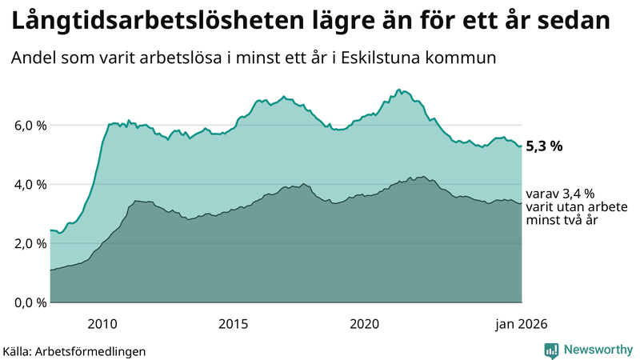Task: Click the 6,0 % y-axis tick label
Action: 26,126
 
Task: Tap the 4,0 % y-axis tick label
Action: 26,185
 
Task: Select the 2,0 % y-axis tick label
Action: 26,243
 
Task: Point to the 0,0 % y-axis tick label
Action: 26,302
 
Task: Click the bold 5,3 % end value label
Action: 545,146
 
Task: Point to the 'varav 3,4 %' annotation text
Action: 560,194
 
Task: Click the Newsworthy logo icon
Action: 552,350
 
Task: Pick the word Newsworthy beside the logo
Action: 598,350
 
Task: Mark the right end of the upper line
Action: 522,146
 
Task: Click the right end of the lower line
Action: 522,203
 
